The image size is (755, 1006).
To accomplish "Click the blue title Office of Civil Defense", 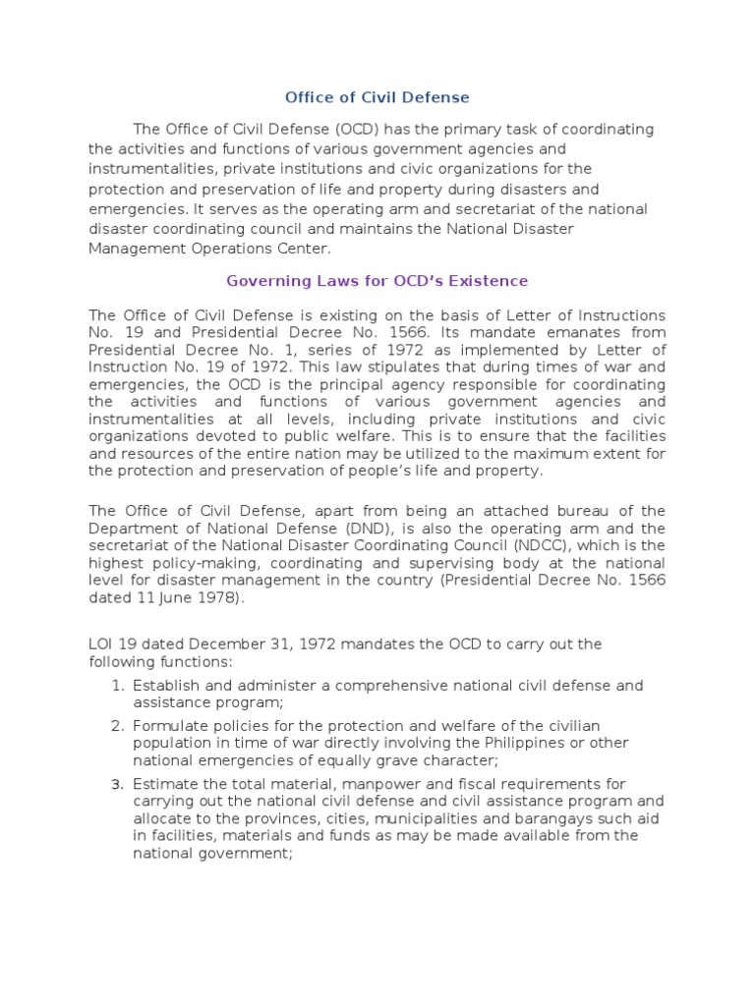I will (377, 97).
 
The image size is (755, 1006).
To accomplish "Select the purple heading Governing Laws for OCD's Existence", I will (377, 281).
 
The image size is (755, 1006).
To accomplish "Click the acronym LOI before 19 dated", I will (102, 644).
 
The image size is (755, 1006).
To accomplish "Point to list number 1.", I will (116, 686).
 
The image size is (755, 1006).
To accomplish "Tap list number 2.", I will (116, 726).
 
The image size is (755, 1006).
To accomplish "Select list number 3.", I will (116, 784).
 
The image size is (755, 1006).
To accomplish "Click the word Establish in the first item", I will (164, 686).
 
